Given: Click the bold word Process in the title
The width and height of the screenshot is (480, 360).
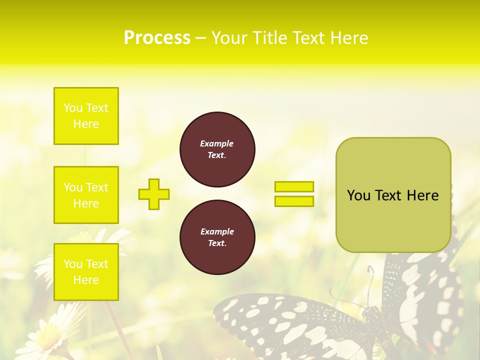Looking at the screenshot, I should pyautogui.click(x=157, y=38).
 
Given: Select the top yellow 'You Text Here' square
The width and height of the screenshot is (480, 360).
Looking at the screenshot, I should pyautogui.click(x=86, y=116).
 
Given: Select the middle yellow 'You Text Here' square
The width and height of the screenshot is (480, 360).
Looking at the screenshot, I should pyautogui.click(x=86, y=195).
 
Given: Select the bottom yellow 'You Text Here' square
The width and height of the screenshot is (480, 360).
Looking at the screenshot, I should pyautogui.click(x=86, y=271).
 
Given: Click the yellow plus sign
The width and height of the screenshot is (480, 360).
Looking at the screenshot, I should pyautogui.click(x=154, y=194).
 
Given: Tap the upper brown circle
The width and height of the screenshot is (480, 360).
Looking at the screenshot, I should pyautogui.click(x=217, y=149).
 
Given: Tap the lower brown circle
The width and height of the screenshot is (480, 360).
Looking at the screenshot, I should pyautogui.click(x=217, y=237).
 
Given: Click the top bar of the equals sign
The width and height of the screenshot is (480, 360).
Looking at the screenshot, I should pyautogui.click(x=294, y=186).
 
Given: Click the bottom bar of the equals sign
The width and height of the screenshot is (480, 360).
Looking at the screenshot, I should pyautogui.click(x=294, y=201).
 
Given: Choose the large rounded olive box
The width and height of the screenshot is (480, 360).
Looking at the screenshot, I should pyautogui.click(x=393, y=220).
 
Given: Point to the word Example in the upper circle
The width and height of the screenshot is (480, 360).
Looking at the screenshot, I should pyautogui.click(x=216, y=143).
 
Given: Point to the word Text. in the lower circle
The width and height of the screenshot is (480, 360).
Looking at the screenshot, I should pyautogui.click(x=217, y=243).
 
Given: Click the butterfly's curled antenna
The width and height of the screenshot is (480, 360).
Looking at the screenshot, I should pyautogui.click(x=370, y=272).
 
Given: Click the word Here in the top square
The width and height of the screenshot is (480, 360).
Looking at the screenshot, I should pyautogui.click(x=86, y=124).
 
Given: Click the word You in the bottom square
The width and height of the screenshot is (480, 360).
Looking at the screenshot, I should pyautogui.click(x=72, y=264).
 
